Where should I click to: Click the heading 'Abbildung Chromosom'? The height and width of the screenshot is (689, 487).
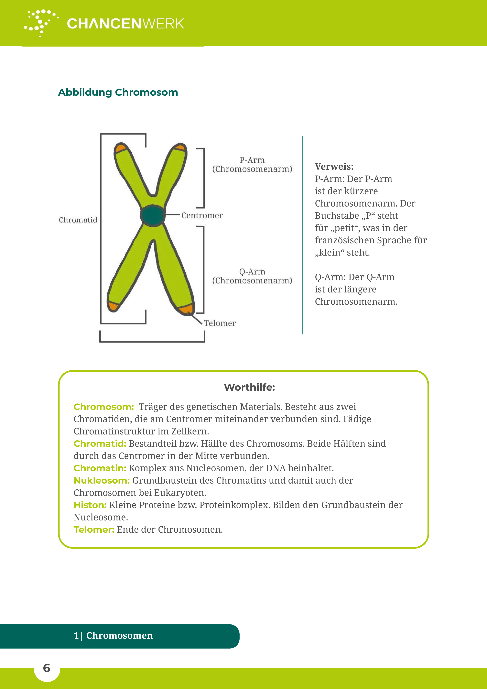[118, 93]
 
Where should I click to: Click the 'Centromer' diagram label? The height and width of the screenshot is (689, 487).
[202, 215]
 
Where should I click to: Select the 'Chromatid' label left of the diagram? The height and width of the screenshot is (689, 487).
[78, 220]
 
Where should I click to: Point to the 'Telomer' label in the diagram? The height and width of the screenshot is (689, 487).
[220, 323]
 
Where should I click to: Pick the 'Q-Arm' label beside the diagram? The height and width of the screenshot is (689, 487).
[252, 272]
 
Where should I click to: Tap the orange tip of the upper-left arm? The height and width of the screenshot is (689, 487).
[121, 148]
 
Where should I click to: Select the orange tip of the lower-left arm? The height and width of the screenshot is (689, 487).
[113, 306]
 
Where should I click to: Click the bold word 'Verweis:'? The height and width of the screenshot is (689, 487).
[334, 167]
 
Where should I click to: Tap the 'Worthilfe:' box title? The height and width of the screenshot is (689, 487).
[249, 387]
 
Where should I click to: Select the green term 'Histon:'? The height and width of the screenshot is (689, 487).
[90, 505]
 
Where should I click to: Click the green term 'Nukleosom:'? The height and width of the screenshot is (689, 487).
[101, 480]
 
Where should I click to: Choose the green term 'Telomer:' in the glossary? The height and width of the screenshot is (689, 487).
[94, 530]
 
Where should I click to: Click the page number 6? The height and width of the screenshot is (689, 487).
[47, 668]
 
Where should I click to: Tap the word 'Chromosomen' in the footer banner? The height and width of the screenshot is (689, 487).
[119, 636]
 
